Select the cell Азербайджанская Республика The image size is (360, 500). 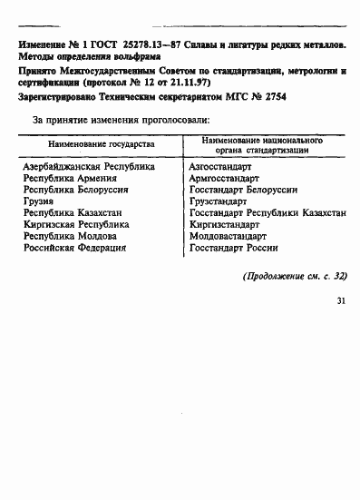tap(89, 168)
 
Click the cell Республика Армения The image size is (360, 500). tap(70, 180)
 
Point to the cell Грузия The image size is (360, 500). tap(40, 202)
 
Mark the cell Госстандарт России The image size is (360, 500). tap(233, 248)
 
